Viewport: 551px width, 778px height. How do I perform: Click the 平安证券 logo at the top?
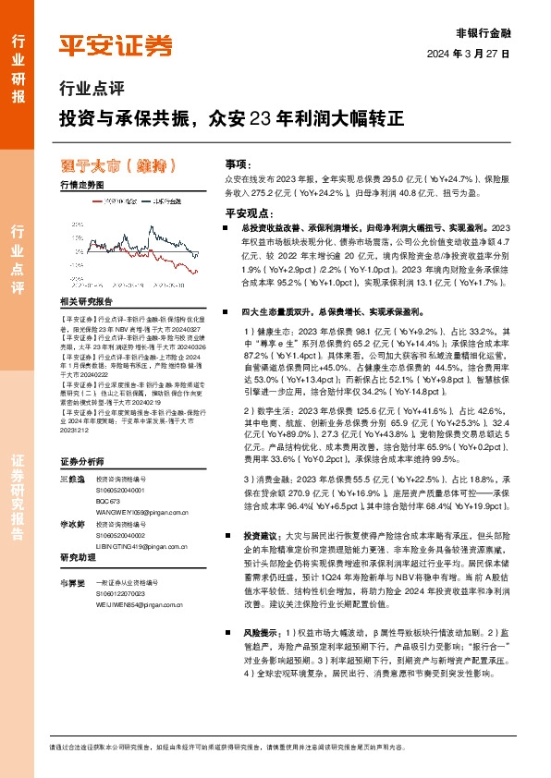click(115, 44)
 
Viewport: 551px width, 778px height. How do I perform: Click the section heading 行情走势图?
click(81, 185)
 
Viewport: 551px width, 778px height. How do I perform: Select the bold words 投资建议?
click(260, 536)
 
